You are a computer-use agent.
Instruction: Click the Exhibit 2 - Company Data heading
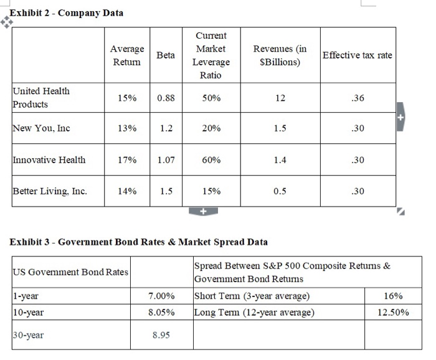66,12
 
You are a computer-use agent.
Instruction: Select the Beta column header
166,55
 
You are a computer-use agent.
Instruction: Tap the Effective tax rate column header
357,55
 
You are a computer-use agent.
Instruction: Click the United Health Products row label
42,97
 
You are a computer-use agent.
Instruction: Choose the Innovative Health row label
49,160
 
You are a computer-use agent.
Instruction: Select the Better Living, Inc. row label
50,191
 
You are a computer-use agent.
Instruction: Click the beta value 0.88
166,98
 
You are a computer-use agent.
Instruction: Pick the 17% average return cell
127,160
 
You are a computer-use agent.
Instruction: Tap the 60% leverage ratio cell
211,160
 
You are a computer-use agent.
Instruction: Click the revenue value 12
280,98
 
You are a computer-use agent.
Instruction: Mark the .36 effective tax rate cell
357,98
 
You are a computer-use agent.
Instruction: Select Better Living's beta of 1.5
166,191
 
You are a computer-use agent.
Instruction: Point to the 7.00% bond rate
162,295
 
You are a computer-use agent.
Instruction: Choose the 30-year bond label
28,335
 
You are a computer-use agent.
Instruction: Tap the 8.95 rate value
162,335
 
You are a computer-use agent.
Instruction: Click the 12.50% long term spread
394,311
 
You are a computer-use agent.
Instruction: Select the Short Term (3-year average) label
252,295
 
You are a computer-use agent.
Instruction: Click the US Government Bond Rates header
70,272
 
